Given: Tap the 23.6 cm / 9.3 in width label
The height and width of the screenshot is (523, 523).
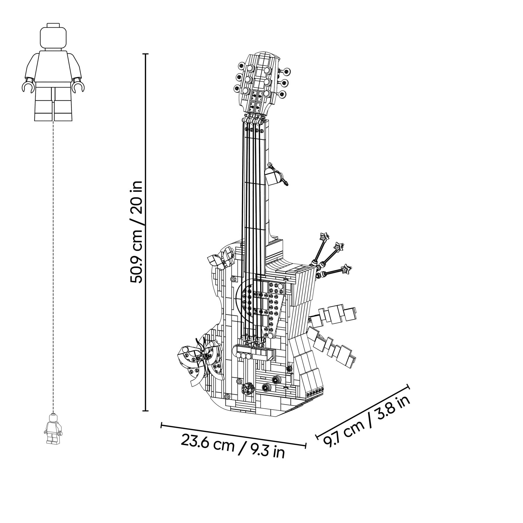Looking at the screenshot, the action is (233, 449).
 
